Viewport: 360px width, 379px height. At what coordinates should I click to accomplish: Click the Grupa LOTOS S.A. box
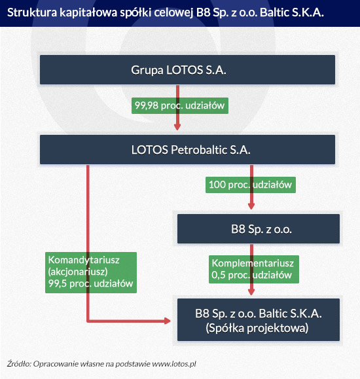coord(187,69)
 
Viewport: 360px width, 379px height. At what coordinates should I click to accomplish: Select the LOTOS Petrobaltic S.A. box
coord(187,149)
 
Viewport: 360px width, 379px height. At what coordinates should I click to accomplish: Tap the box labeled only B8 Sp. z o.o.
coord(259,228)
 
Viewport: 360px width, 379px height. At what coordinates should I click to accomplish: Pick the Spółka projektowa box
coord(259,320)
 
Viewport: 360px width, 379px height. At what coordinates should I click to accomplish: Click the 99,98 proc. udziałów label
coord(180,105)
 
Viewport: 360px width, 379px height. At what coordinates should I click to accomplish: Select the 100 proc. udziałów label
coord(251,185)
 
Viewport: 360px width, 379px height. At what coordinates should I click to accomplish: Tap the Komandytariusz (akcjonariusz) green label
coord(91,272)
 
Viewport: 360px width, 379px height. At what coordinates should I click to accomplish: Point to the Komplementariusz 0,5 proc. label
coord(254,269)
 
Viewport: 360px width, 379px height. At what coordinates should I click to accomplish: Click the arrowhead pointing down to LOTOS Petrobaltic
coord(177,127)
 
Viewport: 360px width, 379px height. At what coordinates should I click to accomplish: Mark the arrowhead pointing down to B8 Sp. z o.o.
coord(251,206)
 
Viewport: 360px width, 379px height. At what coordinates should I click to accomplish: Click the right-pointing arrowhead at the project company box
coord(168,321)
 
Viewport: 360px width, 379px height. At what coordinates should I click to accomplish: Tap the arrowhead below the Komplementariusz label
coord(251,292)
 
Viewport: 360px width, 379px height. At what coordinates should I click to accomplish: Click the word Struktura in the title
coord(32,12)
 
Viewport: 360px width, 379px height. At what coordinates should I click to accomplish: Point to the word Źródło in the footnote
coord(18,363)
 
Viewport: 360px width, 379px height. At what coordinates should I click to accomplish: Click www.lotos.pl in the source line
coord(174,364)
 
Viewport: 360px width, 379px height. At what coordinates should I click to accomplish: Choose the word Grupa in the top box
coord(147,71)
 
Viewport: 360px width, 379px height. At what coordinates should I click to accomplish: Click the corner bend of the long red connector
coord(88,321)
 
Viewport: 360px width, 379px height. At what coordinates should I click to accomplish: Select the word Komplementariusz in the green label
coord(253,263)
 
